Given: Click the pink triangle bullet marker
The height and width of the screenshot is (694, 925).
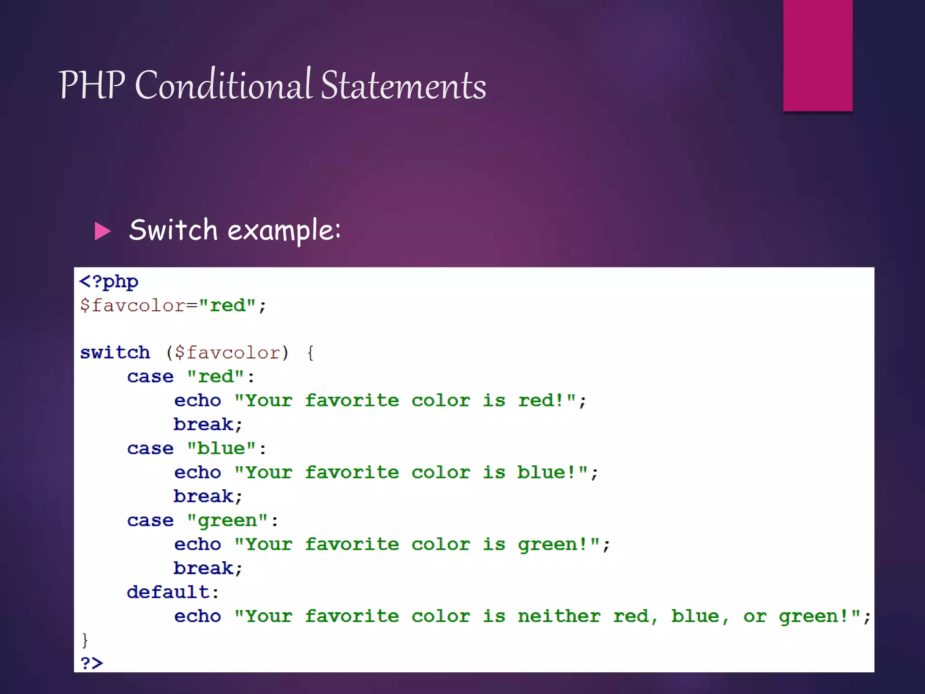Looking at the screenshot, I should click(x=103, y=231).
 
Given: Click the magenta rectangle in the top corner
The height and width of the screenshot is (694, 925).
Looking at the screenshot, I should click(x=818, y=55).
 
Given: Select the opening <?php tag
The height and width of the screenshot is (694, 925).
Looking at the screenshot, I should click(x=109, y=282).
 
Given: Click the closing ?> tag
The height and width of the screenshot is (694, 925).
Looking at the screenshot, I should click(x=92, y=663).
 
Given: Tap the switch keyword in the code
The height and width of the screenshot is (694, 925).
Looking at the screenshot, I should click(x=115, y=352).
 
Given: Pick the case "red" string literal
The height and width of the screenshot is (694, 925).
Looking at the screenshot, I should click(x=216, y=376).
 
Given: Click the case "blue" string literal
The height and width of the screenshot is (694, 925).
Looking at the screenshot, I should click(x=222, y=448).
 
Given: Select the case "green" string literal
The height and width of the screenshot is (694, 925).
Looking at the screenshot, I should click(x=228, y=520).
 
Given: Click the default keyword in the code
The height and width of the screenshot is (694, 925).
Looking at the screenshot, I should click(x=168, y=592).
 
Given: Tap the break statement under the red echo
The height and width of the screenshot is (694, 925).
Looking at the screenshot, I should click(x=204, y=424).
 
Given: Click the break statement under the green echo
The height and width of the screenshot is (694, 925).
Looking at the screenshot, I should click(x=204, y=568).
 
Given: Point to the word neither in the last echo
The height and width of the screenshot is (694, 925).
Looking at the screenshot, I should click(x=559, y=616).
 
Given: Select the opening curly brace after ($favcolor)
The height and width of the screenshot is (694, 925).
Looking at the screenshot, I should click(x=310, y=352).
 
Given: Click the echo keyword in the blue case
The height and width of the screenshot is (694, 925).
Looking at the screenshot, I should click(x=197, y=473).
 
